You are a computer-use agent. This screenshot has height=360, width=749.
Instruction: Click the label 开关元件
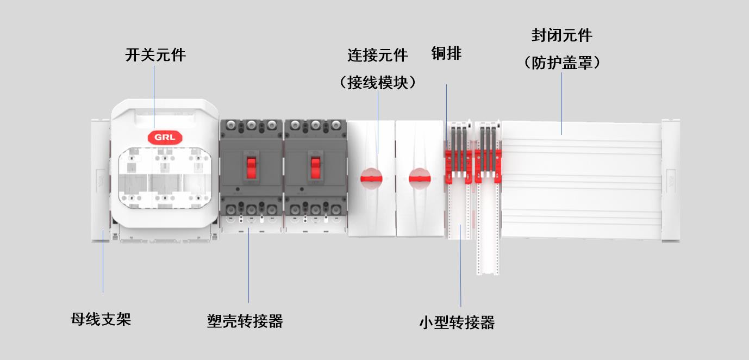[x=155, y=55]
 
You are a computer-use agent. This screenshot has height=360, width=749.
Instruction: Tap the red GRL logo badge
[x=165, y=137]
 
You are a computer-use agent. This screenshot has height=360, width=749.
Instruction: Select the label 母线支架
[x=101, y=319]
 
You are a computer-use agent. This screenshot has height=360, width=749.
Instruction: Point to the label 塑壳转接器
[x=245, y=321]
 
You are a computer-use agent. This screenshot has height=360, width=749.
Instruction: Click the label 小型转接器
[x=457, y=322]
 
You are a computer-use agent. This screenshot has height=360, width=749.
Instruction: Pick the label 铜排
[x=446, y=53]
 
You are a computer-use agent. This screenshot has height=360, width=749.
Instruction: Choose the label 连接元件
[x=378, y=55]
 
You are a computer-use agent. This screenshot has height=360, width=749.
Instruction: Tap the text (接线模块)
[x=378, y=83]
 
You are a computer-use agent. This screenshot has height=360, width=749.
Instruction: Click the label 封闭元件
[x=561, y=36]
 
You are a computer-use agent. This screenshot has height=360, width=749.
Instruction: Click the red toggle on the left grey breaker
[x=251, y=167]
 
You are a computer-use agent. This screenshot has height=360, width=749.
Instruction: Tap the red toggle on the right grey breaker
[x=316, y=167]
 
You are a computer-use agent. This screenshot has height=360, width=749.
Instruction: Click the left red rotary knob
[x=372, y=176]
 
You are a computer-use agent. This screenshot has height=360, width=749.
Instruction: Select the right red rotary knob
[x=420, y=176]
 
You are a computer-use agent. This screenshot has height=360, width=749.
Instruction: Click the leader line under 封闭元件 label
[x=561, y=103]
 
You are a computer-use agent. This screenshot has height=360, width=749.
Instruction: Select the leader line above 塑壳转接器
[x=249, y=266]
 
